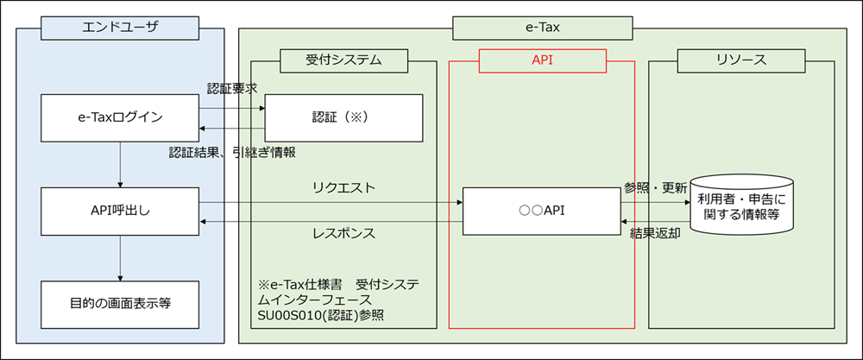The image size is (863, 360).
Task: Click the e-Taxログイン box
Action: tap(120, 117)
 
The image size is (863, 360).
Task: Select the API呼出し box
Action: tap(120, 210)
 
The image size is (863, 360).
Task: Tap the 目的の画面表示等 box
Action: tap(120, 303)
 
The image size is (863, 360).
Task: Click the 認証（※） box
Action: tap(343, 117)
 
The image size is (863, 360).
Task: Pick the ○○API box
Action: tap(541, 210)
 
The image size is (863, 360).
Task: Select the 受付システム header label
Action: tap(343, 60)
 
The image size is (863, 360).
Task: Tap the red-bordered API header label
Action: tap(542, 60)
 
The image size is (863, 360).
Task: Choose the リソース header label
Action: tap(741, 60)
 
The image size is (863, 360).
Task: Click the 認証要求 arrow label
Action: tap(232, 88)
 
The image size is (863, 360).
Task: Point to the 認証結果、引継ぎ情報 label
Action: tap(232, 152)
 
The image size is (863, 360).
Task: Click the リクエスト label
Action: tap(343, 186)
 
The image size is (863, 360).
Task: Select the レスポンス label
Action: tap(343, 233)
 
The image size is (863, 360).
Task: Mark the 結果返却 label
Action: tap(655, 233)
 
